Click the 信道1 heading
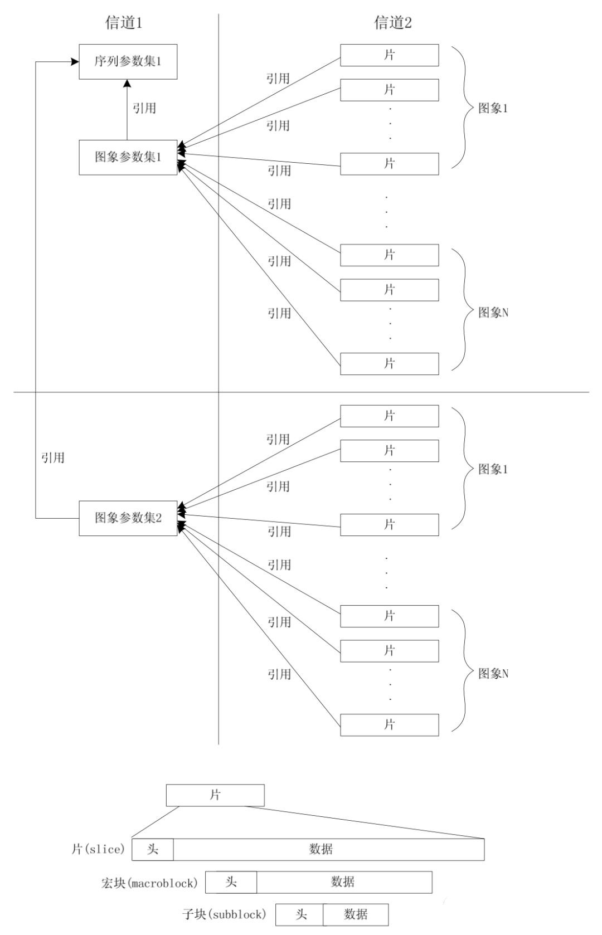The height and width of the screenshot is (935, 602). [124, 23]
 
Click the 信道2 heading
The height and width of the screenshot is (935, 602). [393, 23]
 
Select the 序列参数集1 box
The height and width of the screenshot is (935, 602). [128, 61]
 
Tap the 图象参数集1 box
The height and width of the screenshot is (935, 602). [128, 157]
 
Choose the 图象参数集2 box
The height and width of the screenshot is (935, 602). [128, 518]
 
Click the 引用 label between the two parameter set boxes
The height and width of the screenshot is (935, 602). [144, 108]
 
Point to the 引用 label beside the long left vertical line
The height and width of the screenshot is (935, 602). [53, 458]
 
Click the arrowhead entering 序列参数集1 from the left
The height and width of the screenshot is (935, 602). [75, 61]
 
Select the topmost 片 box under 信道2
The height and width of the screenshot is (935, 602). [389, 55]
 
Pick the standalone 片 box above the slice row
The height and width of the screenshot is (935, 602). [215, 795]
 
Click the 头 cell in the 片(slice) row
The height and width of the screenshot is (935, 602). [152, 849]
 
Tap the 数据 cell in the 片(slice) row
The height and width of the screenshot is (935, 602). [328, 849]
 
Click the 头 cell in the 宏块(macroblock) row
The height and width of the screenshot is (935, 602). [231, 882]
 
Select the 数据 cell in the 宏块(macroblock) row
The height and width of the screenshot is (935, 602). [343, 882]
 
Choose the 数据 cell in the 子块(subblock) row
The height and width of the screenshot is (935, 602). [356, 914]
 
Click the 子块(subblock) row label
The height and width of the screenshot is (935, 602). [224, 914]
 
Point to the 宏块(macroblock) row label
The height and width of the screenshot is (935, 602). [149, 883]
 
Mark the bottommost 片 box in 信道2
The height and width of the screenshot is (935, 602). [389, 724]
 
